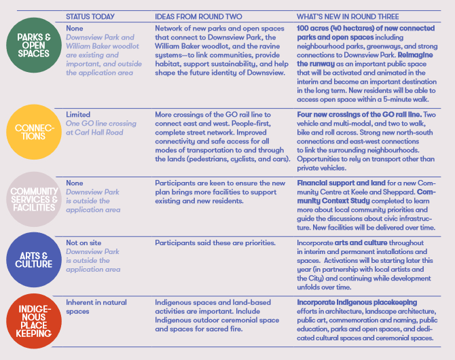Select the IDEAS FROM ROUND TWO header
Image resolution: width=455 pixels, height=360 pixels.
[194, 16]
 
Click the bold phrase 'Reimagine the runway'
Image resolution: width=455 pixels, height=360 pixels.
[334, 65]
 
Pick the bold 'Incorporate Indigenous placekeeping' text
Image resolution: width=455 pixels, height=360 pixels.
[357, 302]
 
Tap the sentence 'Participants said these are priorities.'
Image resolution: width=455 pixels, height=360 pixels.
[215, 242]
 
